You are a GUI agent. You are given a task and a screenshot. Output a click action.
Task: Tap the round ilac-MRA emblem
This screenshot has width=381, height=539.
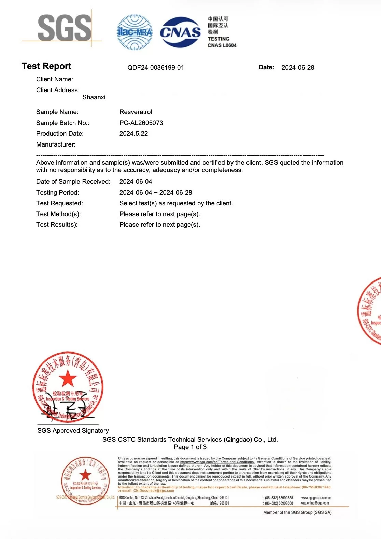point(135,32)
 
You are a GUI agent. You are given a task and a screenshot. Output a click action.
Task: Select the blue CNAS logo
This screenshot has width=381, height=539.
point(180,32)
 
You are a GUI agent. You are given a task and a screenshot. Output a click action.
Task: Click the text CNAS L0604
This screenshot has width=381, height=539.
point(222,45)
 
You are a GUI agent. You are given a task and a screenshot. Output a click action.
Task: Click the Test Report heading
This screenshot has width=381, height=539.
point(46,66)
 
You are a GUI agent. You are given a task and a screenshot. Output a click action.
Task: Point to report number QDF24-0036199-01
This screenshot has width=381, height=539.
point(156,68)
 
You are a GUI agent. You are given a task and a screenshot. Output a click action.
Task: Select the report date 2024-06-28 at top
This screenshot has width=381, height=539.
point(298,68)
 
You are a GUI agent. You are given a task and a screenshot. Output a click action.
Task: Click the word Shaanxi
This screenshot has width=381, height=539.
point(94,97)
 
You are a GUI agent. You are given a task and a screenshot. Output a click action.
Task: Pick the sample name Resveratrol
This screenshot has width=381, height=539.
point(136,112)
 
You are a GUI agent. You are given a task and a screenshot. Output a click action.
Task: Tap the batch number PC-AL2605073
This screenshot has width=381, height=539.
point(141,123)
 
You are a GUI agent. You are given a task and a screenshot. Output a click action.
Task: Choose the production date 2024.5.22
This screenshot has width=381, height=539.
point(134,134)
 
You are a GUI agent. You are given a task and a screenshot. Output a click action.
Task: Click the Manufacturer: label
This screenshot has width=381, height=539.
point(56,144)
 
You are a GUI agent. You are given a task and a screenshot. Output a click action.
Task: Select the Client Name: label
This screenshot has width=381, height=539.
point(55,79)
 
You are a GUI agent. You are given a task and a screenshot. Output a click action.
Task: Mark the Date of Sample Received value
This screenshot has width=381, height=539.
point(136,182)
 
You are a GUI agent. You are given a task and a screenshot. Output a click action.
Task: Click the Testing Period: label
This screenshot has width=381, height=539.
point(58,193)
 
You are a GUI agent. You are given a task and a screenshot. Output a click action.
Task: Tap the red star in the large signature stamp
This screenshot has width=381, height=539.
point(68,378)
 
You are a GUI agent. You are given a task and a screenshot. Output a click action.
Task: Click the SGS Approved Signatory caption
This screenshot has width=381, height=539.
point(73,431)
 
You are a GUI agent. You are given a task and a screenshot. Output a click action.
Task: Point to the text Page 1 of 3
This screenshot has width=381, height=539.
point(190,447)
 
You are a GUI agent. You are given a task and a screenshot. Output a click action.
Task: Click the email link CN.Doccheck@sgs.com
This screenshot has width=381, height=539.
point(154,491)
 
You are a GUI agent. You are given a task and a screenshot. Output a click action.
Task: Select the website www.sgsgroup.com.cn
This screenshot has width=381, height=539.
point(316,498)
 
